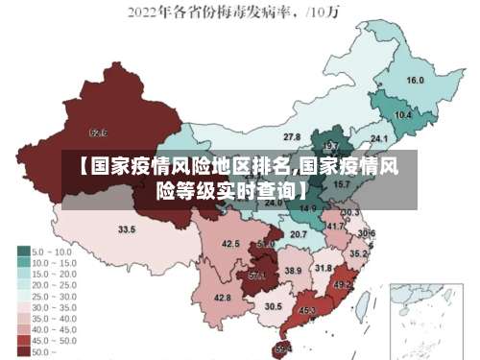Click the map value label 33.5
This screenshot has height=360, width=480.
click(127, 230)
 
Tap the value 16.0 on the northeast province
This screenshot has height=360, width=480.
click(416, 81)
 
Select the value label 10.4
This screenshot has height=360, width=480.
click(403, 115)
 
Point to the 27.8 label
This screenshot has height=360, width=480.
click(291, 137)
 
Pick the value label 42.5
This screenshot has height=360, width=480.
click(230, 245)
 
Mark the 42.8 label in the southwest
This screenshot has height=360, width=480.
click(222, 299)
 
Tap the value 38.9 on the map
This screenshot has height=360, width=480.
click(293, 272)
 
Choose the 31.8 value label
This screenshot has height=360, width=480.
click(324, 268)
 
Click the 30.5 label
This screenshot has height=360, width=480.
click(274, 306)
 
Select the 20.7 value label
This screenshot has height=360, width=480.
click(299, 234)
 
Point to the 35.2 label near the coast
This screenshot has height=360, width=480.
click(357, 254)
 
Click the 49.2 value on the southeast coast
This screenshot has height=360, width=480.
click(342, 285)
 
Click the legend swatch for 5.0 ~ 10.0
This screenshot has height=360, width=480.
click(24, 251)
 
